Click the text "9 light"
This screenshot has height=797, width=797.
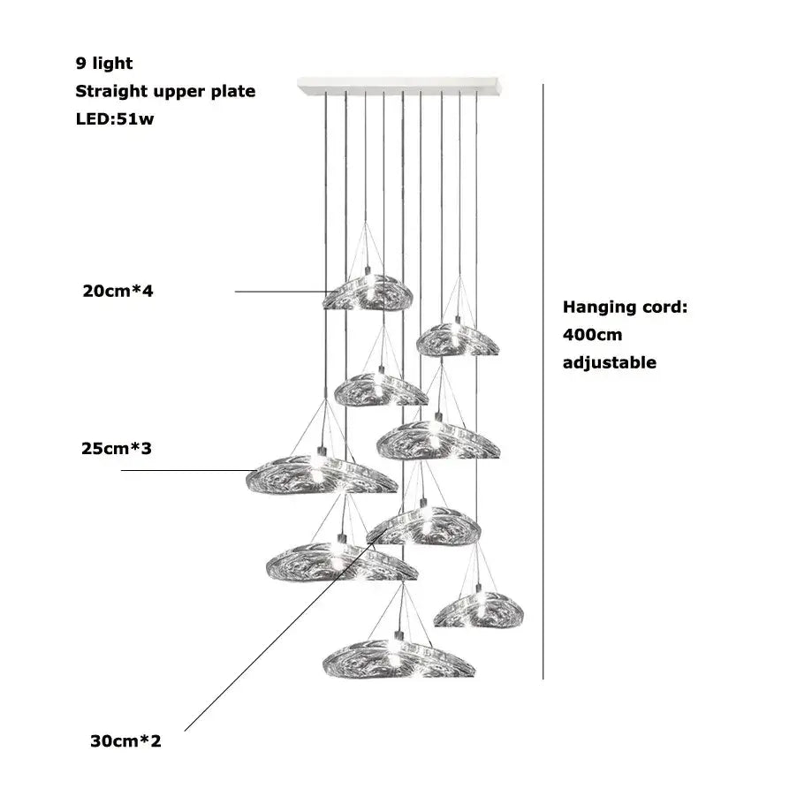click(104, 63)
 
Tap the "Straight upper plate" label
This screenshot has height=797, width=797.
click(165, 91)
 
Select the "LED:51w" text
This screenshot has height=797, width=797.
click(115, 119)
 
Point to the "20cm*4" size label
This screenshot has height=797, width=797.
click(118, 291)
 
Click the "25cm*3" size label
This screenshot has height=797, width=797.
click(117, 449)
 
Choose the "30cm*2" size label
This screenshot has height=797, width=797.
click(125, 740)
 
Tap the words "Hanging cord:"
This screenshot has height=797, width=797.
click(625, 307)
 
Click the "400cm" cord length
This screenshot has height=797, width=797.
click(592, 335)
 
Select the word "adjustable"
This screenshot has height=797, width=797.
click(610, 362)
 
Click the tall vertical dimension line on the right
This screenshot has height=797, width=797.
click(543, 380)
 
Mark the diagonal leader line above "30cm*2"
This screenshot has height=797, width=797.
click(265, 645)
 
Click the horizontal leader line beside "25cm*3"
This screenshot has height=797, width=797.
click(186, 470)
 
